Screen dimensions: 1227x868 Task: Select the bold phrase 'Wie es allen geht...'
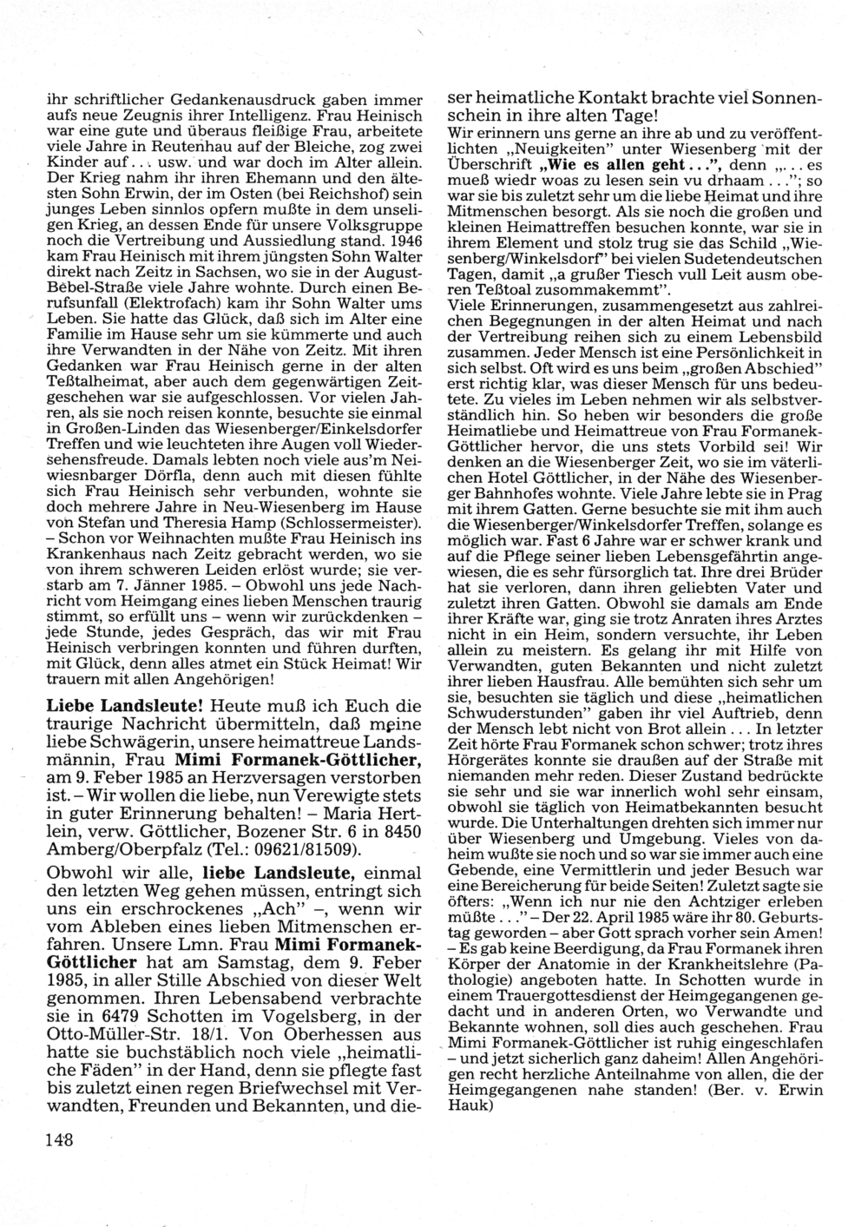[x=601, y=165]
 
